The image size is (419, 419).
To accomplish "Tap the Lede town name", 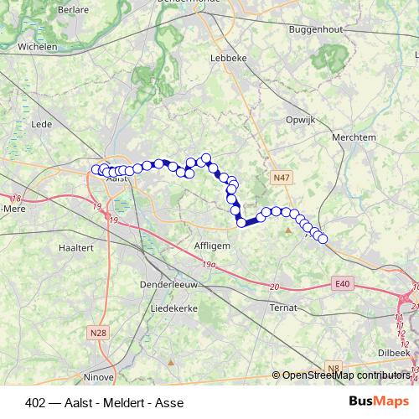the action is coord(41,124).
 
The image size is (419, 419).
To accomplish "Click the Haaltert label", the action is coord(76,247).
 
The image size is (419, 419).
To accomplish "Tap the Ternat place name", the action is coord(283,308).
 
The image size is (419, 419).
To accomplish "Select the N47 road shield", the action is coord(281,178).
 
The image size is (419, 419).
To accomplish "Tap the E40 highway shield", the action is coord(342,284).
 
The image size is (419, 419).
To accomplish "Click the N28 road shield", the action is coord(98,332).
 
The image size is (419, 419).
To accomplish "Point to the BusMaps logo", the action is coord(380,401).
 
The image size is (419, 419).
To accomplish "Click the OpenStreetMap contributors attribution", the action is coord(344,375).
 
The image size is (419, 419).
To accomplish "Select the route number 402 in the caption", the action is coord(36,401).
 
